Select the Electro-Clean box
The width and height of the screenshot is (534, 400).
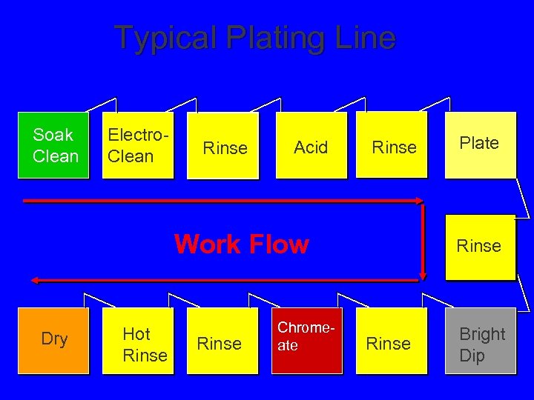pyautogui.click(x=137, y=145)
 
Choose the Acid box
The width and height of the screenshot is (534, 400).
pyautogui.click(x=311, y=146)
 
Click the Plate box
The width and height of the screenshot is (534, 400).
pyautogui.click(x=479, y=145)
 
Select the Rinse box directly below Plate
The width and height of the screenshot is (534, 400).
pyautogui.click(x=479, y=247)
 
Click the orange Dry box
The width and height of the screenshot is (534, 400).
pyautogui.click(x=54, y=340)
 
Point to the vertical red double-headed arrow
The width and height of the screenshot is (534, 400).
pyautogui.click(x=421, y=240)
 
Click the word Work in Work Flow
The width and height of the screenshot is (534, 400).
pyautogui.click(x=208, y=244)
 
